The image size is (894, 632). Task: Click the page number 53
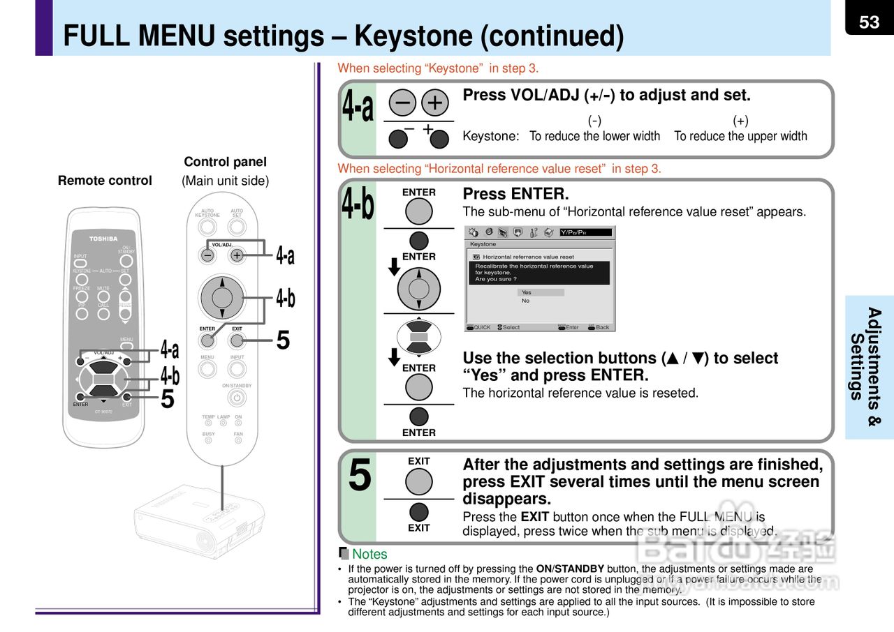coord(869,22)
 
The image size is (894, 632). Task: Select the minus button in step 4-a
coord(403,103)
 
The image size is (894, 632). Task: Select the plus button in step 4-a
coord(434,103)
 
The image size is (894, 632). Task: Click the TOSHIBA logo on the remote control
coord(103,239)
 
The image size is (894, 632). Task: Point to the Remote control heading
coord(105,181)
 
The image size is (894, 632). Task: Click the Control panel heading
coord(225,162)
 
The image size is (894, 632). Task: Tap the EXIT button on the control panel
coord(237,340)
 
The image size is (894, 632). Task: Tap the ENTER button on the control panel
coord(207,340)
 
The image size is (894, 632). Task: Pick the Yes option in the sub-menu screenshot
coord(527,292)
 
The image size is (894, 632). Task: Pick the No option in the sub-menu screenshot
coord(526,301)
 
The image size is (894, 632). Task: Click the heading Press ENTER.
coord(515,194)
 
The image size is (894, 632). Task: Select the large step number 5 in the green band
coord(360,476)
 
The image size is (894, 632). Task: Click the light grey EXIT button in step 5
coord(419,481)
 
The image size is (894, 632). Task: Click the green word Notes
coord(369,554)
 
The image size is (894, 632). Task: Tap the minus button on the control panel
coord(207,255)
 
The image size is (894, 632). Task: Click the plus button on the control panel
coord(237,255)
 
